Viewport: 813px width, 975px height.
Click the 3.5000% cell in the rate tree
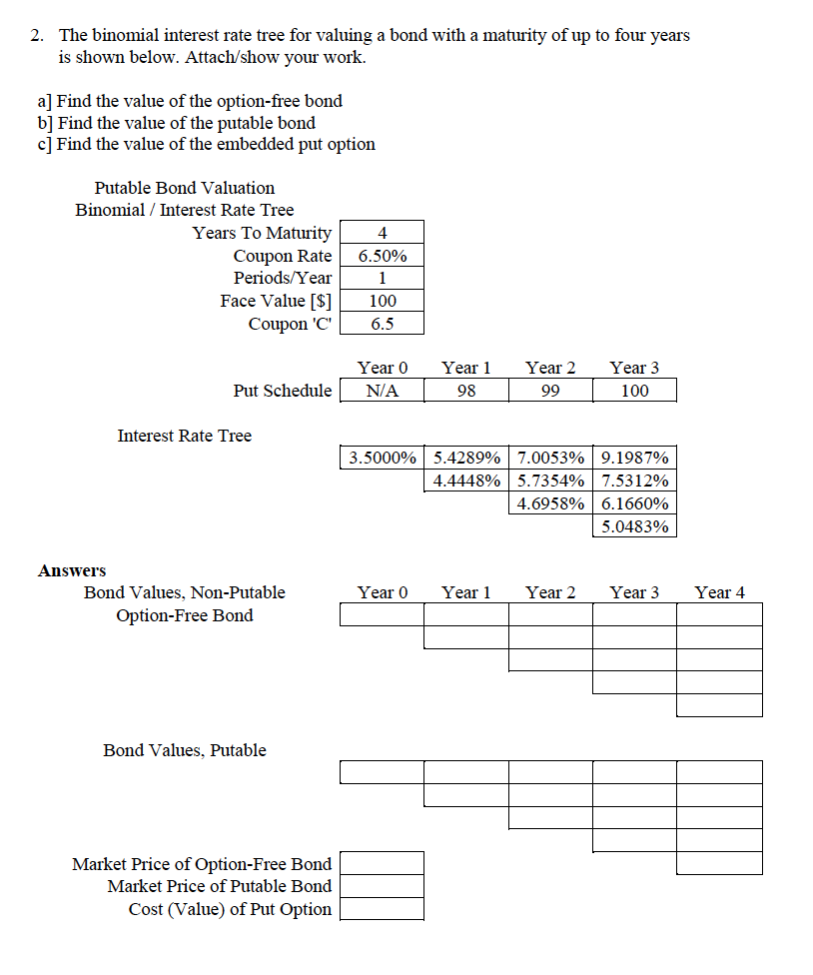tap(382, 459)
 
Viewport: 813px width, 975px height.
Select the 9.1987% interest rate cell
tap(635, 459)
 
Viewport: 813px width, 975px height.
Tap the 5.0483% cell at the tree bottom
tap(635, 526)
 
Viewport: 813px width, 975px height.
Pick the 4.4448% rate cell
tap(466, 481)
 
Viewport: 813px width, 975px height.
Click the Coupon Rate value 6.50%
tap(382, 256)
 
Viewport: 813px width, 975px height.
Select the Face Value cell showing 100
tap(382, 301)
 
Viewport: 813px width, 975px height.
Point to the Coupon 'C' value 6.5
tap(382, 324)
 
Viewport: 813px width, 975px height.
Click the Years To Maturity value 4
tap(382, 233)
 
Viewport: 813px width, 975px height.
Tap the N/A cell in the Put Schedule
tap(382, 391)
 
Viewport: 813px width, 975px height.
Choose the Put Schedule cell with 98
tap(466, 391)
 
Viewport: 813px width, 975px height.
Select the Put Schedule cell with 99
tap(550, 391)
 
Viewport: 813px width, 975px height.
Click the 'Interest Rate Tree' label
tap(185, 436)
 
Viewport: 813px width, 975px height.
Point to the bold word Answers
tap(72, 570)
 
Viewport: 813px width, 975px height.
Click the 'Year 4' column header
tap(719, 592)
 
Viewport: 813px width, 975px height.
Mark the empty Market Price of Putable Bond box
tap(382, 886)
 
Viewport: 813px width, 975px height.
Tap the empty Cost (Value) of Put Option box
tap(382, 909)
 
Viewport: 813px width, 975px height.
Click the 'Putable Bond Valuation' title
tap(185, 188)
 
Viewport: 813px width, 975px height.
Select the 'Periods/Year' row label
tap(283, 278)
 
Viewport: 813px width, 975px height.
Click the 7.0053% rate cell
tap(550, 459)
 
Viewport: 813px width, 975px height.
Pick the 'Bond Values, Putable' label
tap(185, 750)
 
